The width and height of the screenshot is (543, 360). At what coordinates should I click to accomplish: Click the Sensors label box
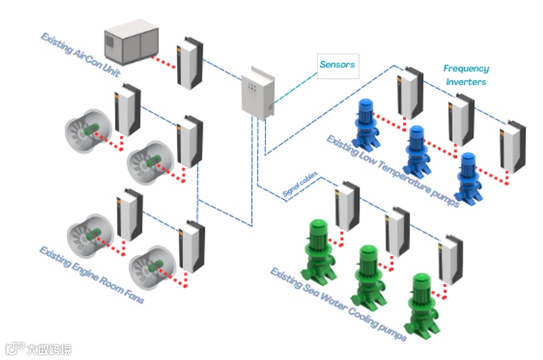[337, 65]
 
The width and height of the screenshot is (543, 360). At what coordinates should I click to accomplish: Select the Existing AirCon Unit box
[133, 43]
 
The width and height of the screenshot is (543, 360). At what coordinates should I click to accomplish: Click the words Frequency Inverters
[466, 75]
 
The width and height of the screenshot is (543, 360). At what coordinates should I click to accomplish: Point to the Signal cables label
[300, 187]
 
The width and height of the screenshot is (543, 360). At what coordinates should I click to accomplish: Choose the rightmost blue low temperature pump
[466, 176]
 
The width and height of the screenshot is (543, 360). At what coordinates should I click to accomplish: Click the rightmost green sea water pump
[422, 303]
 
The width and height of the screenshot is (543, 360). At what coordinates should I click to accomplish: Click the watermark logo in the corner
[37, 349]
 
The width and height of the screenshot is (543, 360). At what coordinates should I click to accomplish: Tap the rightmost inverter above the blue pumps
[512, 146]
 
